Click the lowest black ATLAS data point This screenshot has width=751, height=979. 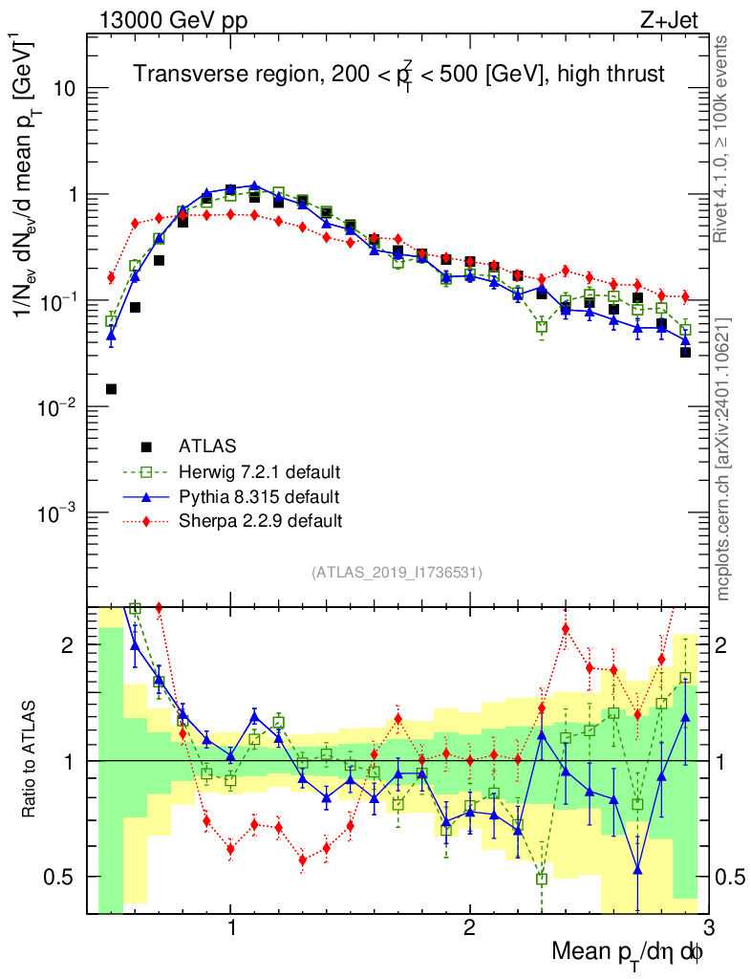(111, 389)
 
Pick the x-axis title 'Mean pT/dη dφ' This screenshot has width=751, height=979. (628, 952)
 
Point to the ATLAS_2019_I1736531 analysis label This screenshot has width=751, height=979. (397, 573)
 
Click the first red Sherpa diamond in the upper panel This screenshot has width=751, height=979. (111, 277)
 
